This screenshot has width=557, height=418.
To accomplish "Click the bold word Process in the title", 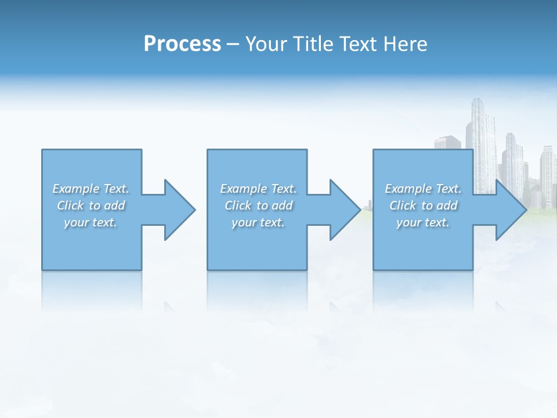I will point(182,44).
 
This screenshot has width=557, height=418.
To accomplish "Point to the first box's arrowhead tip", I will point(194,210).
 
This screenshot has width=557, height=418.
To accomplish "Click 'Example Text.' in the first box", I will point(91,189).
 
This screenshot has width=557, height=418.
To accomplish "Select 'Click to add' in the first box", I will point(91,206).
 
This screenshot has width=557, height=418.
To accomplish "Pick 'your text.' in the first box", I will point(91,222).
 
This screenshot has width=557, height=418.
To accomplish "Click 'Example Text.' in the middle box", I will point(258,189).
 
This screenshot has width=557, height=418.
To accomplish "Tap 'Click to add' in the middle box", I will point(258,206).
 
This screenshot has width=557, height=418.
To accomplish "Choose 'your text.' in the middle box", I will point(258,222).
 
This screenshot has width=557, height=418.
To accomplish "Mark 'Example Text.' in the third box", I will point(423,189).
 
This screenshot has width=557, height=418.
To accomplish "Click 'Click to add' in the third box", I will point(423,206).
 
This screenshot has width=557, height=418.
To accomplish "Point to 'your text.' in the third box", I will point(423,222).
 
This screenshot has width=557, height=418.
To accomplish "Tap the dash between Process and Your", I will point(233,45).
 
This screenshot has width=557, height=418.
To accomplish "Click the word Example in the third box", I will point(408,189).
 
